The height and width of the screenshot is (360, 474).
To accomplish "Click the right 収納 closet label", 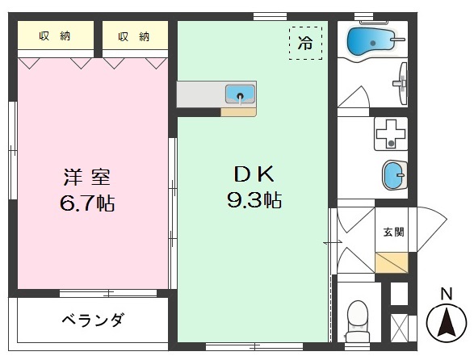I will pyautogui.click(x=134, y=36).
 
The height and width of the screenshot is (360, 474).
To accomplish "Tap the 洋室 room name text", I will pyautogui.click(x=82, y=176).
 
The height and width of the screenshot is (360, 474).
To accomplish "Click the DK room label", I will pyautogui.click(x=254, y=173).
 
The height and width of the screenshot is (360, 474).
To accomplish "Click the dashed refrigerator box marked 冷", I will pyautogui.click(x=304, y=44).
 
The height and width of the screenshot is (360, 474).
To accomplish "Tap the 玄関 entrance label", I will pyautogui.click(x=393, y=232).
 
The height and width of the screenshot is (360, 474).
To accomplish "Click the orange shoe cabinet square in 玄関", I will pyautogui.click(x=392, y=262).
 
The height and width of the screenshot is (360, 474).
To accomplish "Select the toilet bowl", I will pyautogui.click(x=356, y=320).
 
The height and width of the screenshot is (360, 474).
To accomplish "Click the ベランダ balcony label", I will pyautogui.click(x=92, y=320).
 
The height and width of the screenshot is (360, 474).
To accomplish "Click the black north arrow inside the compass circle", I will pyautogui.click(x=446, y=324).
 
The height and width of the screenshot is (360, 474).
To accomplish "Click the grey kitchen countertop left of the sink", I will pyautogui.click(x=199, y=94).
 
